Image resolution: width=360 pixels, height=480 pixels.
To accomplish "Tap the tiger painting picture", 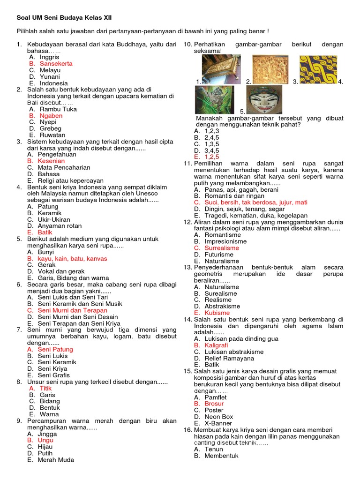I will tap(214, 99).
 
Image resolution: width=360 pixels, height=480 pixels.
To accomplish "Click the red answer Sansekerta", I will tap(56, 63).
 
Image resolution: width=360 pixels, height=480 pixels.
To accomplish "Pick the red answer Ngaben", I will tap(51, 115).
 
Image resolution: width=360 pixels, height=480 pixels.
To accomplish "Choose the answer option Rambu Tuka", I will tap(58, 109).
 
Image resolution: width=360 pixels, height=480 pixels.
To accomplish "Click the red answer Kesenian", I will tap(52, 161).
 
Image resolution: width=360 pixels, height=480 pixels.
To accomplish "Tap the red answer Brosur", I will tap(214, 404).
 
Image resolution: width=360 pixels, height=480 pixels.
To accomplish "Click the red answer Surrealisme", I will tap(222, 248).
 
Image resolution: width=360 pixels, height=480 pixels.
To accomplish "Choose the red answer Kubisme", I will tap(217, 313).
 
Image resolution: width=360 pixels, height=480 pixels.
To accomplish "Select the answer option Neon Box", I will tap(219, 416).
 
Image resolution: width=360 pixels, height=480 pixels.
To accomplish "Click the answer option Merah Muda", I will tap(56, 460).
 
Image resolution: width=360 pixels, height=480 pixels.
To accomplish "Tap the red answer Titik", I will tap(45, 388).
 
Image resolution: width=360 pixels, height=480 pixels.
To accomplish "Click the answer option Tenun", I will tap(214, 449).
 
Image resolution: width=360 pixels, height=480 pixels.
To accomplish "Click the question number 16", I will tap(187, 430).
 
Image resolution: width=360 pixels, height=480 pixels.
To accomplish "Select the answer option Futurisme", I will tap(219, 255).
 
